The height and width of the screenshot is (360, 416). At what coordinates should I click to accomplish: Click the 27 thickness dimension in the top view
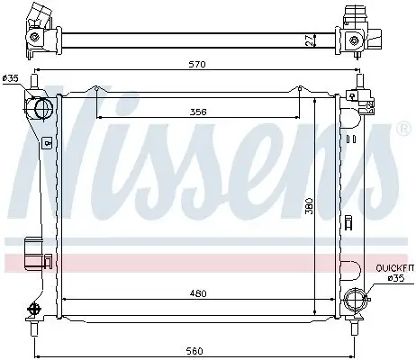click(x=309, y=40)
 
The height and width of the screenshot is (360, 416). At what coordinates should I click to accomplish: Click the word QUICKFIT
click(x=394, y=267)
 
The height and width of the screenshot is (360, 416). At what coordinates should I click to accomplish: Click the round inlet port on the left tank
click(x=40, y=110)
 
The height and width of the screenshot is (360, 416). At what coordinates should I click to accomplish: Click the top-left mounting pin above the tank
click(x=34, y=84)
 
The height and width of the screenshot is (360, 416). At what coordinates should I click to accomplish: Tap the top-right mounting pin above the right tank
click(x=359, y=84)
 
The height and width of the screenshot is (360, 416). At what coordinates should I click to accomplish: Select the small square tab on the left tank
click(x=45, y=141)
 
